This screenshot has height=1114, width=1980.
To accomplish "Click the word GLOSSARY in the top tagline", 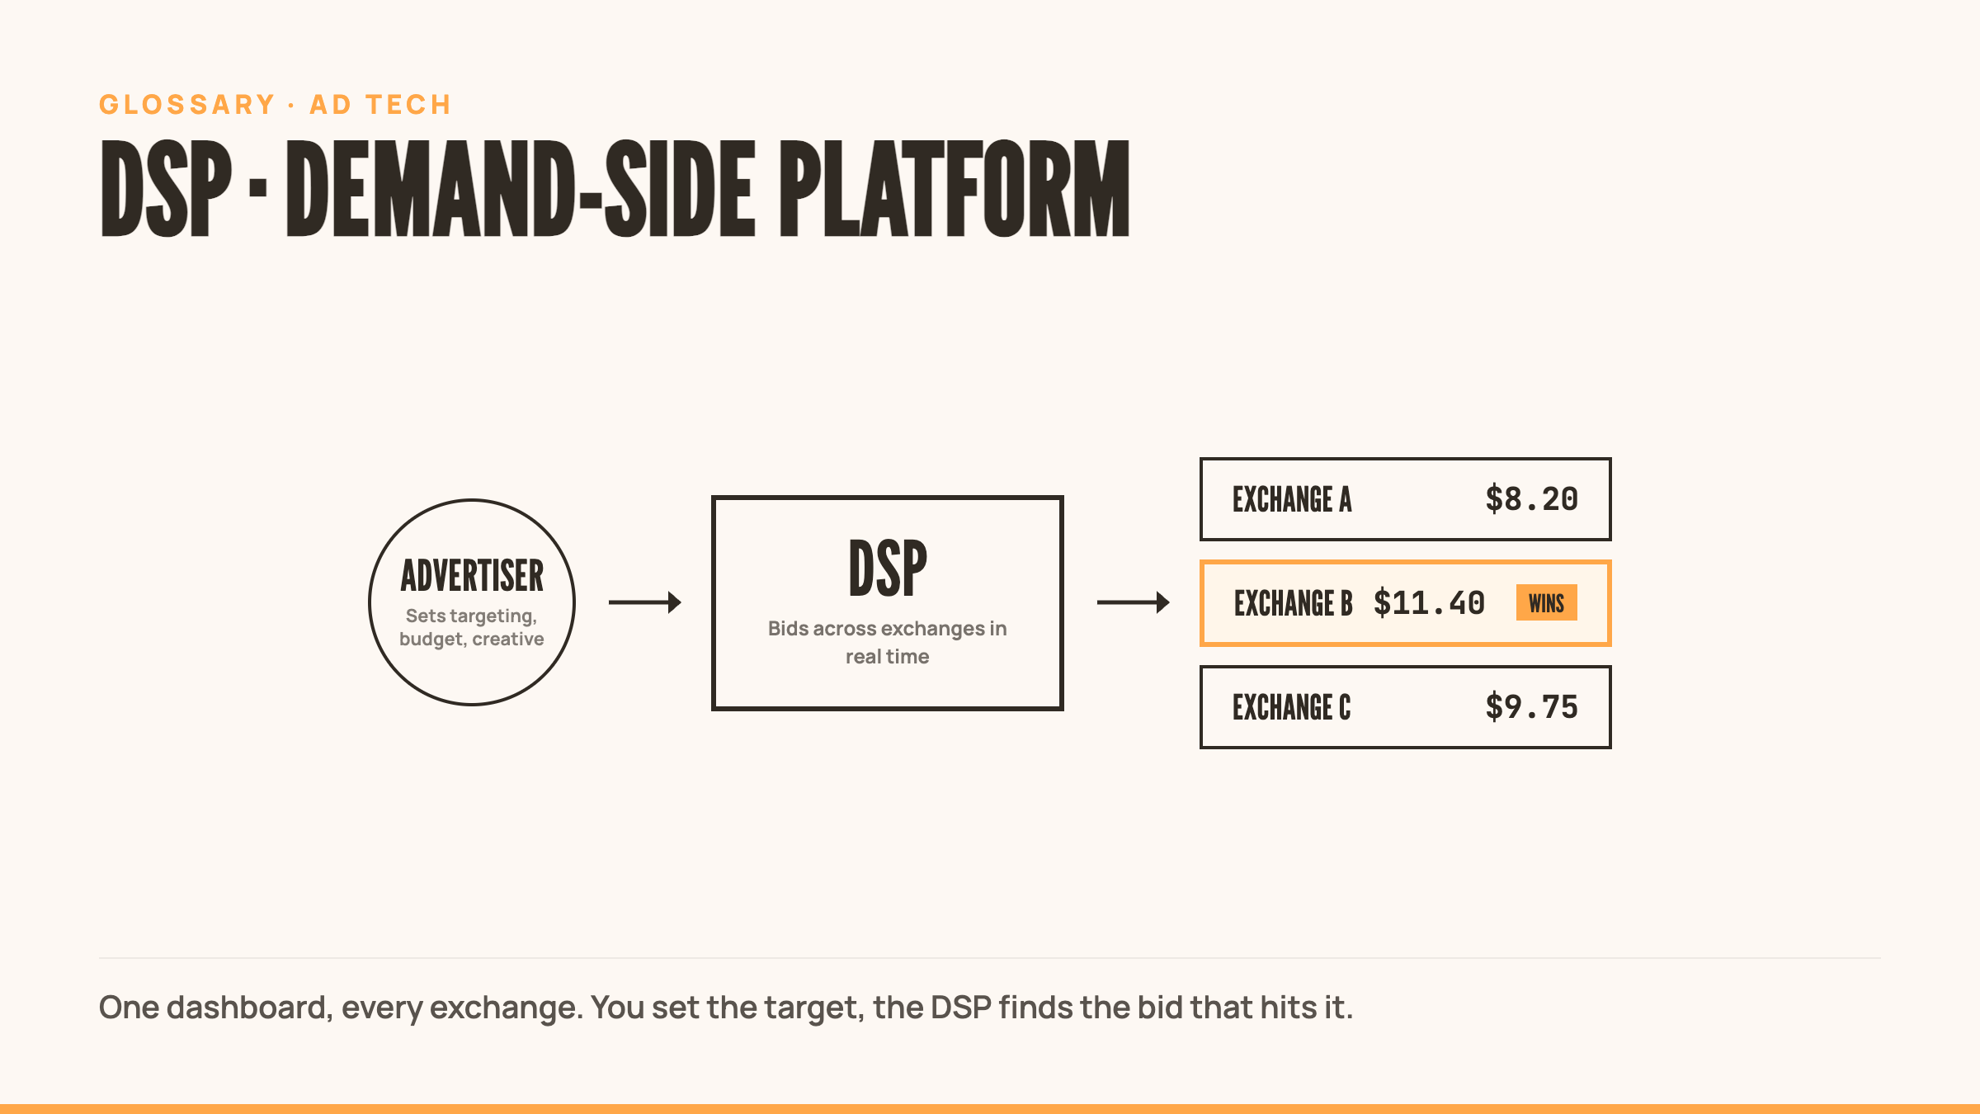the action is [x=187, y=105].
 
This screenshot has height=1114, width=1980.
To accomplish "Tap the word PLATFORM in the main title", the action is [x=955, y=188].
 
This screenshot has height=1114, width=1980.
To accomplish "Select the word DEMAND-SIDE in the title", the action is [x=521, y=188].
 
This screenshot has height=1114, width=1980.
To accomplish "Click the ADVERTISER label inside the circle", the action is [x=472, y=575].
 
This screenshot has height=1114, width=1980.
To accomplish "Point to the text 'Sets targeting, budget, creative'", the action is [x=472, y=627].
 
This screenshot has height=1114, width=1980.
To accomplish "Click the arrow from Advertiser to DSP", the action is [x=645, y=602].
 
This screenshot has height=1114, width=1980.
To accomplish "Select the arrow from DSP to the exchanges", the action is [x=1134, y=602].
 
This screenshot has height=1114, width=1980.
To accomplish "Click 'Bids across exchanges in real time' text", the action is [x=888, y=642].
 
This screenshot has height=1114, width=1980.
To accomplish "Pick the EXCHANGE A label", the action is [x=1292, y=499].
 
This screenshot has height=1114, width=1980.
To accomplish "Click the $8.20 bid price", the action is [x=1532, y=499].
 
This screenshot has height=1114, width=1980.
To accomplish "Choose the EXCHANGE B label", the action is [x=1294, y=603].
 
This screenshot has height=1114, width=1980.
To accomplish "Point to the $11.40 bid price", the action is [x=1430, y=603].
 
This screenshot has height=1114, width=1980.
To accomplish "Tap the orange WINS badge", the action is [x=1547, y=603].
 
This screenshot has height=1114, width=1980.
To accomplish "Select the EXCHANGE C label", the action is [x=1292, y=707].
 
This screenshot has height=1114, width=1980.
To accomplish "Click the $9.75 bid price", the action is [x=1532, y=707].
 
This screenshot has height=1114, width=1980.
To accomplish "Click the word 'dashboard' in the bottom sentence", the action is [x=249, y=1008].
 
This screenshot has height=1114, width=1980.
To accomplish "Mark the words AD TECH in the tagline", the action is [x=380, y=105].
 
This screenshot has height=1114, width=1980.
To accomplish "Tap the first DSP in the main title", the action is [x=166, y=188].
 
